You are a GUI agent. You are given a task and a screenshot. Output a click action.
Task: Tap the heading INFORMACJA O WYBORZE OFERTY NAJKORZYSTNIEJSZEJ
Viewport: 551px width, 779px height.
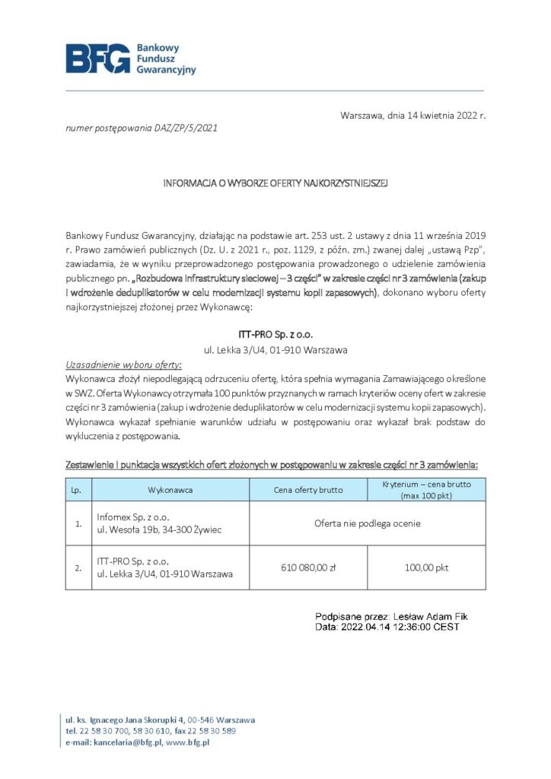tap(275, 183)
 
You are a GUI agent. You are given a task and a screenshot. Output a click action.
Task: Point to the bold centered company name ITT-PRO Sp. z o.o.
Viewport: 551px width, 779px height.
tap(275, 334)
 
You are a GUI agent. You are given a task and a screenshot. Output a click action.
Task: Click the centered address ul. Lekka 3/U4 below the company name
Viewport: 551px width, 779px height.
tap(275, 350)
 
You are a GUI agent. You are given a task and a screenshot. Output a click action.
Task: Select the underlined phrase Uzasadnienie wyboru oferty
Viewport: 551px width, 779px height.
tap(119, 364)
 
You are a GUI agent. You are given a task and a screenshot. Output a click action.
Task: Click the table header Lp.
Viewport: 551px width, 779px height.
tap(76, 490)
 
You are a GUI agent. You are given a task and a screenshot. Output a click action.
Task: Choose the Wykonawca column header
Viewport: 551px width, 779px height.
tap(170, 490)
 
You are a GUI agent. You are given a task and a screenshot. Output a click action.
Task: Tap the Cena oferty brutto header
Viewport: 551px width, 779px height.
tap(308, 490)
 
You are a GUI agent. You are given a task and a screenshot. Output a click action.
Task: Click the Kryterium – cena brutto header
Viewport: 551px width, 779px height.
tap(425, 490)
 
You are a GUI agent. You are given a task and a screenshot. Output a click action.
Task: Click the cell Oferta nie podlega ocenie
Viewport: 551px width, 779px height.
tap(368, 523)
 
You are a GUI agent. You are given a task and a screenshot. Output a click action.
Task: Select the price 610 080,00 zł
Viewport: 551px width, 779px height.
tap(308, 568)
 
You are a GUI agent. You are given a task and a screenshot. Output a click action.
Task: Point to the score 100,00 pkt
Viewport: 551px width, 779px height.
tap(426, 568)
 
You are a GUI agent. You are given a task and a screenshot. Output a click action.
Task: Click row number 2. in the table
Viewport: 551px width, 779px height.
tap(78, 568)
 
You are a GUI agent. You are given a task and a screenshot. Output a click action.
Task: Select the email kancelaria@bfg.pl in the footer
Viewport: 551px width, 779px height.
tap(127, 742)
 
